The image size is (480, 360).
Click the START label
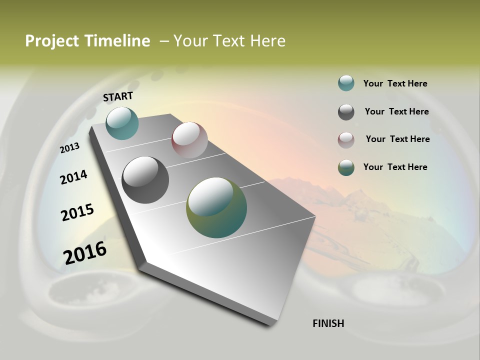click(x=118, y=96)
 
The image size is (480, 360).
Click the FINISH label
click(x=328, y=323)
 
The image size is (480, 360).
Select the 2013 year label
click(x=70, y=148)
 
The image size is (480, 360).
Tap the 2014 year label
click(x=73, y=177)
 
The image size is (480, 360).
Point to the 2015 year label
click(x=77, y=212)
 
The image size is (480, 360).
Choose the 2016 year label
click(x=85, y=252)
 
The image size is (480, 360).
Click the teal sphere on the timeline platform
click(x=122, y=123)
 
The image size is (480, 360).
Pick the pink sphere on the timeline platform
click(x=189, y=139)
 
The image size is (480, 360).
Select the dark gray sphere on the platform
click(x=145, y=180)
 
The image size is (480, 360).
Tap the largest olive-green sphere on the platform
click(x=216, y=207)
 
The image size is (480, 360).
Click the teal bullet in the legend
click(x=346, y=83)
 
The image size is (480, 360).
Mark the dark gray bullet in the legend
click(x=346, y=112)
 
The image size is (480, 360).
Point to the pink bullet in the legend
click(x=346, y=140)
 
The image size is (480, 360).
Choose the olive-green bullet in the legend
click(x=346, y=167)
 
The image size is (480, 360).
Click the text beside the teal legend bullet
click(x=395, y=83)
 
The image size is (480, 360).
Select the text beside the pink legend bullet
click(x=397, y=139)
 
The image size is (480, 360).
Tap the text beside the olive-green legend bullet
click(x=395, y=167)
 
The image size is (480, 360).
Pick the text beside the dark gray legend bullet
click(x=396, y=111)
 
